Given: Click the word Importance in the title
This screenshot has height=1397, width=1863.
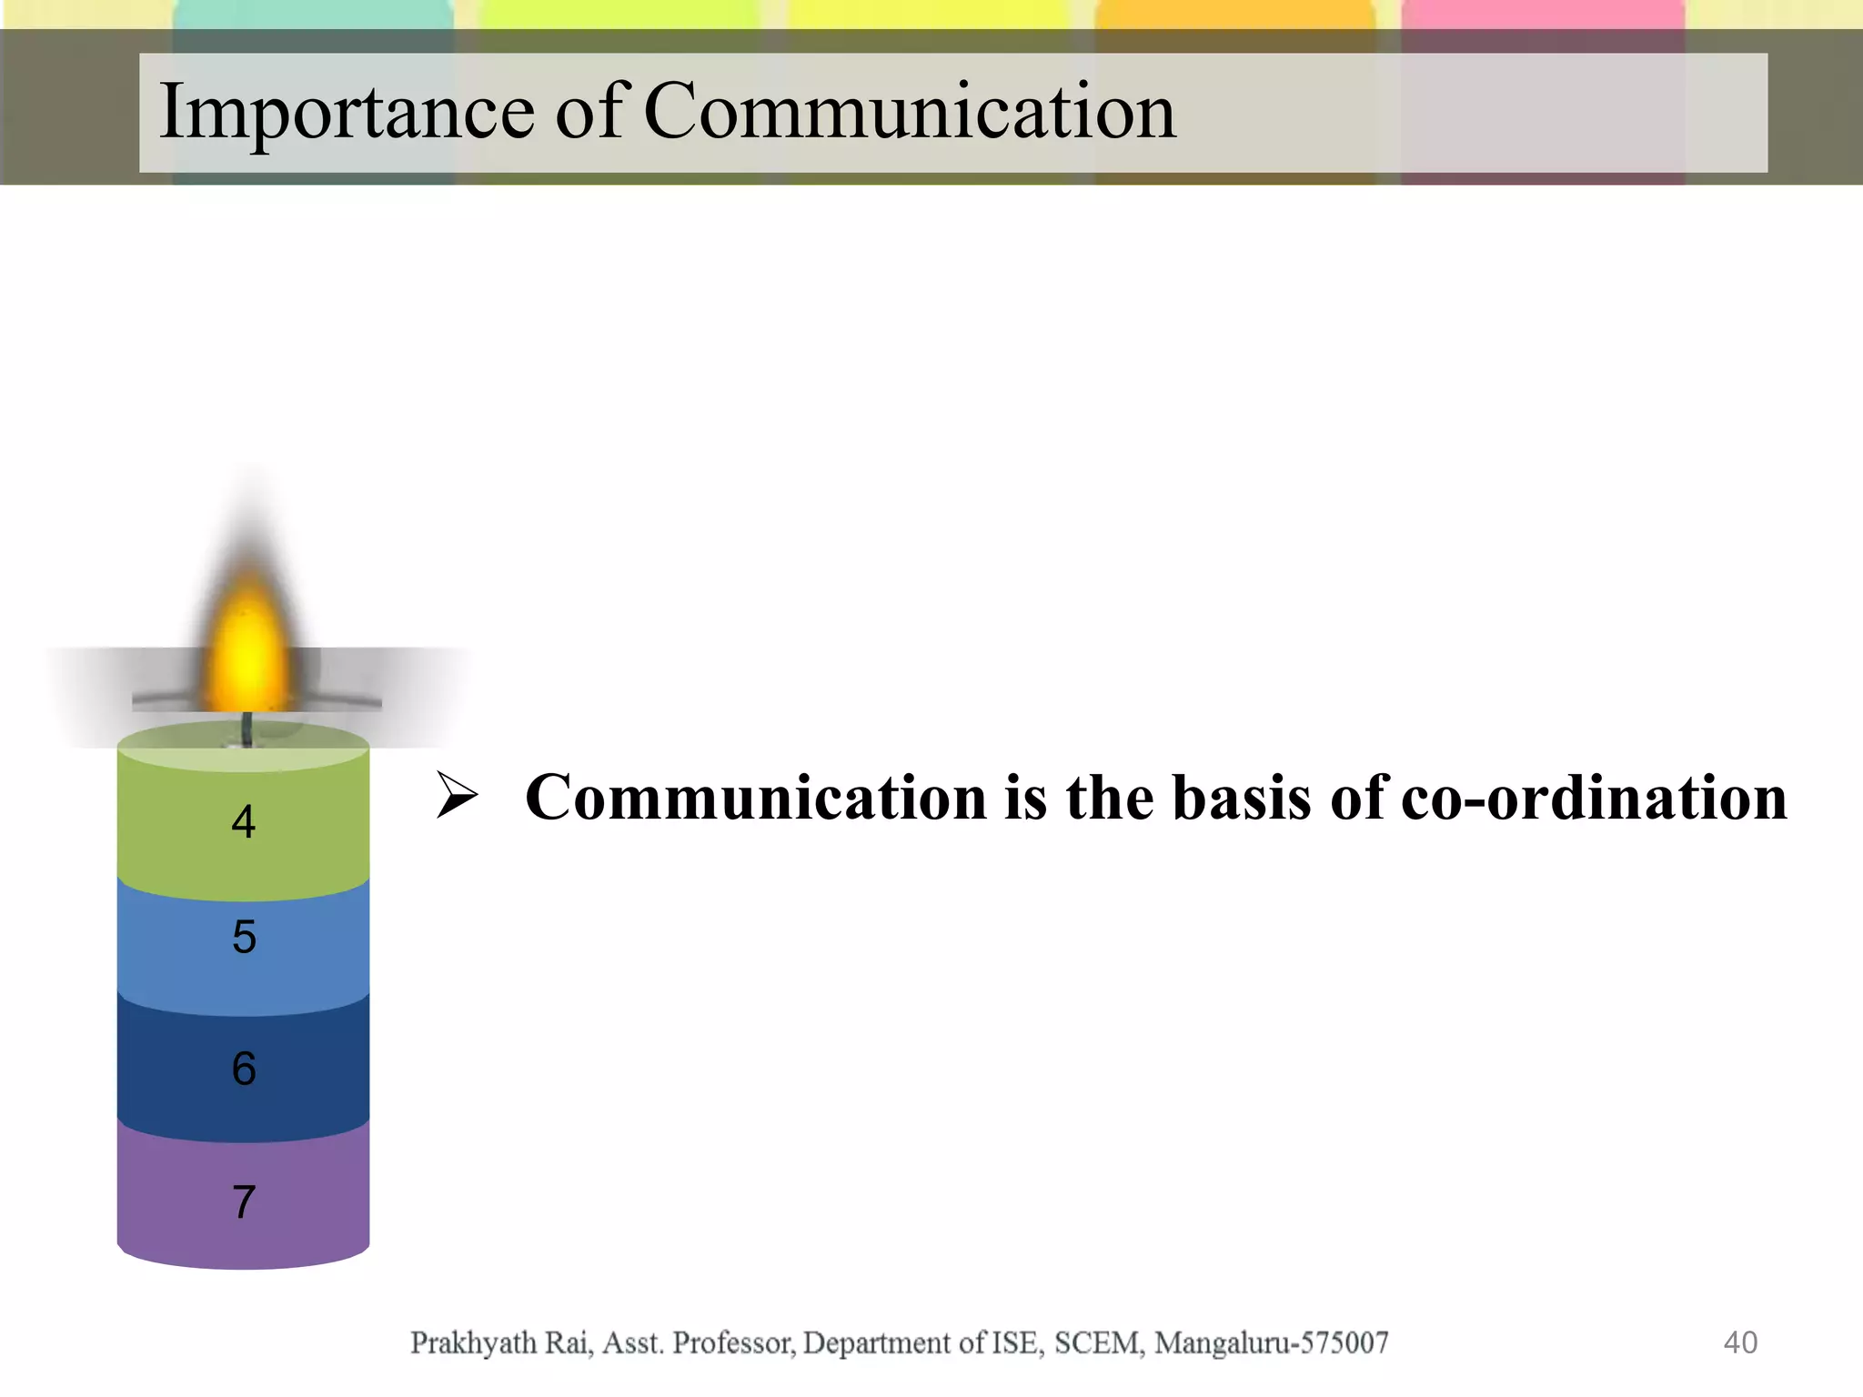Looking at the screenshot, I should click(x=347, y=113).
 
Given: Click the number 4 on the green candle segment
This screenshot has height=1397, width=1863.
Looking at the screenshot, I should click(x=243, y=822).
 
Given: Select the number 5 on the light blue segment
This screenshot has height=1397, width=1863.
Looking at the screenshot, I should click(x=244, y=937).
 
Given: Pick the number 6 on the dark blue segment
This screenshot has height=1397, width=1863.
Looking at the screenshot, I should click(x=244, y=1069).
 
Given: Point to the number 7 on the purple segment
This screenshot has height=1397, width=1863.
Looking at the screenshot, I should click(x=244, y=1202).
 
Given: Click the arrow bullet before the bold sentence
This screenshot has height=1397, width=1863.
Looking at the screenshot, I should click(x=456, y=795).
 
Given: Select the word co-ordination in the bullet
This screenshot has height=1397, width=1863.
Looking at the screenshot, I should click(x=1594, y=798).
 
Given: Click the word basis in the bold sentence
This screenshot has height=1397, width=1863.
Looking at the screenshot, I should click(x=1243, y=798).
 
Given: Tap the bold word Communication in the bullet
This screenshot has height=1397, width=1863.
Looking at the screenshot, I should click(x=756, y=798).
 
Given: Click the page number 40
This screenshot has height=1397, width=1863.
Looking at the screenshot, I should click(x=1740, y=1342).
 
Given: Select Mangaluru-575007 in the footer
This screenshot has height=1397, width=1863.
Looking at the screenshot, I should click(x=1271, y=1342).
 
